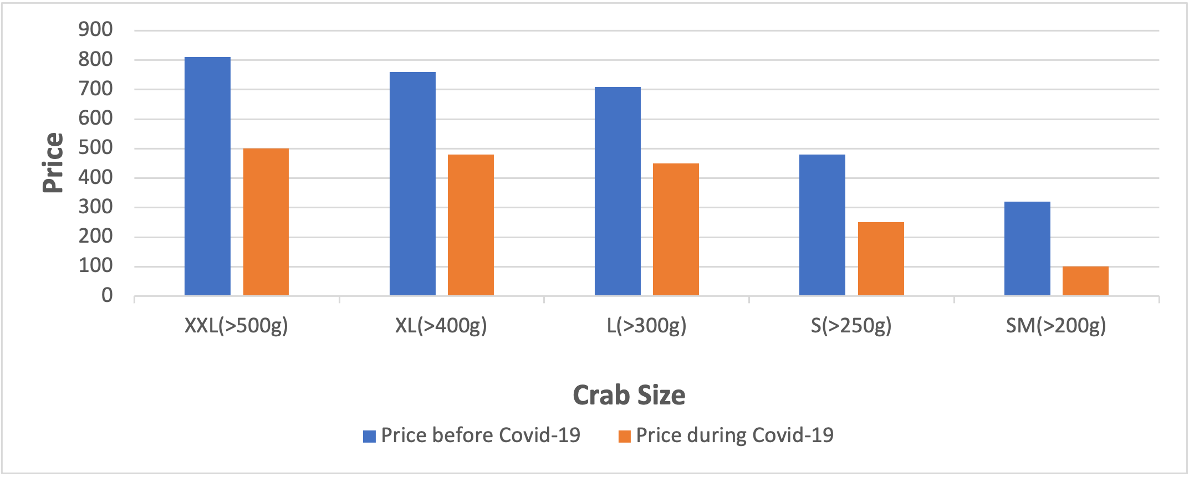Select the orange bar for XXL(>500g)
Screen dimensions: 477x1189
(266, 222)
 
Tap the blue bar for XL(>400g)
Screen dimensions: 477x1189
(412, 183)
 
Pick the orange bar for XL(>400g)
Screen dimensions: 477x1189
(471, 225)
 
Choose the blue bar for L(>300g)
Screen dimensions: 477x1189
(618, 191)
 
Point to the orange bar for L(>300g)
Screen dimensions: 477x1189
(676, 229)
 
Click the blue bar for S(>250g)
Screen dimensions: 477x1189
(822, 225)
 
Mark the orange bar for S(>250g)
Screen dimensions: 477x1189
(881, 259)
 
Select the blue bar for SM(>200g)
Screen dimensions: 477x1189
(1027, 248)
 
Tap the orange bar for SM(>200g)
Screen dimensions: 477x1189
(1085, 281)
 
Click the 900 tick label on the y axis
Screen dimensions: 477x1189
(95, 29)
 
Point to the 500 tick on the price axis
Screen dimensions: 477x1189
(95, 148)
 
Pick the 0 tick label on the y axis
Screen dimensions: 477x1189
(107, 296)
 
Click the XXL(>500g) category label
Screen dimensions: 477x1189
(236, 326)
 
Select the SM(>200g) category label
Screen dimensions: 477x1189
(1056, 326)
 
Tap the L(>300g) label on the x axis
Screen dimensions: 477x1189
(646, 326)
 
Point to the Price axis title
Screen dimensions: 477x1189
(53, 163)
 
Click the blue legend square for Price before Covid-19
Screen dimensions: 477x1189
(369, 437)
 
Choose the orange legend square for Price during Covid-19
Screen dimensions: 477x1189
(624, 437)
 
